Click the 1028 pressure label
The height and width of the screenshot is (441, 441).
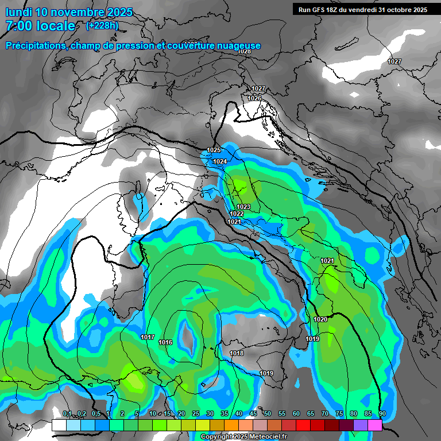[x=245, y=52]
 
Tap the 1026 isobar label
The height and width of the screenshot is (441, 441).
[x=255, y=98]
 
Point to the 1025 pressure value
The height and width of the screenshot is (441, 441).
[x=214, y=150]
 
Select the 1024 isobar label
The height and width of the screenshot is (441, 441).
[x=220, y=161]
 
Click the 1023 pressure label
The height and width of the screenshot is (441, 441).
[x=243, y=207]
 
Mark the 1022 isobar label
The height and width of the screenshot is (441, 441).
[x=237, y=214]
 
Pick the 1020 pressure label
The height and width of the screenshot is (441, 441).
[x=320, y=319]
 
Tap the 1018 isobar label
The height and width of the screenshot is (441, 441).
[x=236, y=353]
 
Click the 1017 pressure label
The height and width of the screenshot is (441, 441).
[x=148, y=337]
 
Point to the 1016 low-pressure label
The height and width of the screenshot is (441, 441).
[x=165, y=342]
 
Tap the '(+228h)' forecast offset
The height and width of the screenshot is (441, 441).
[x=102, y=25]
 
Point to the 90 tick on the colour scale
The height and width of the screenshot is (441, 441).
[x=382, y=413]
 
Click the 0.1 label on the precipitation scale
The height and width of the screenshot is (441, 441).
[x=67, y=413]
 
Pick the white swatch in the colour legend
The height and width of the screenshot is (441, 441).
[x=59, y=425]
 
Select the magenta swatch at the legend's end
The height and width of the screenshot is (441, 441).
[x=375, y=425]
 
